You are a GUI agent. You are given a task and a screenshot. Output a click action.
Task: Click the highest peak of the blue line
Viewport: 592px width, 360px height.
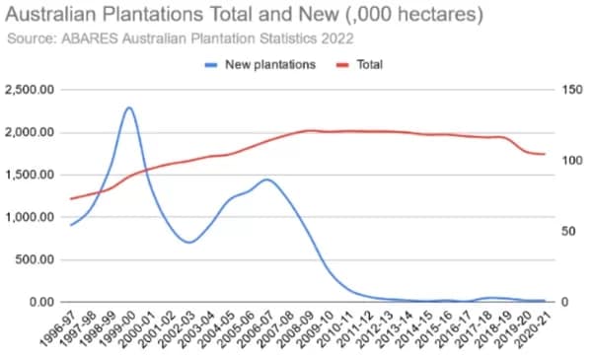click(129, 108)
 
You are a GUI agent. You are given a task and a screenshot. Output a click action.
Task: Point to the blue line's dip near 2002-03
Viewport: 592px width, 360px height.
click(188, 242)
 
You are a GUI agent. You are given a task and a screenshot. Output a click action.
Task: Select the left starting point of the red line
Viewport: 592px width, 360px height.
click(70, 198)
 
